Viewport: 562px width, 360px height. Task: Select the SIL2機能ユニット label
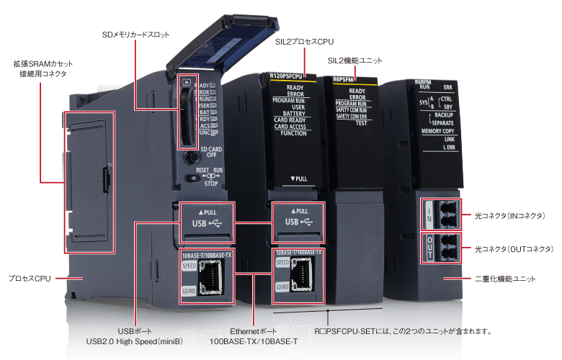click(x=354, y=61)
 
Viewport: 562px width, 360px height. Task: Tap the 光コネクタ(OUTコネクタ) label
click(x=514, y=248)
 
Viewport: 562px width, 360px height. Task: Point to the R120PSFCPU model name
click(x=287, y=75)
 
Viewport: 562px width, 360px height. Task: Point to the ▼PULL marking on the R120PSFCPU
click(x=298, y=178)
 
